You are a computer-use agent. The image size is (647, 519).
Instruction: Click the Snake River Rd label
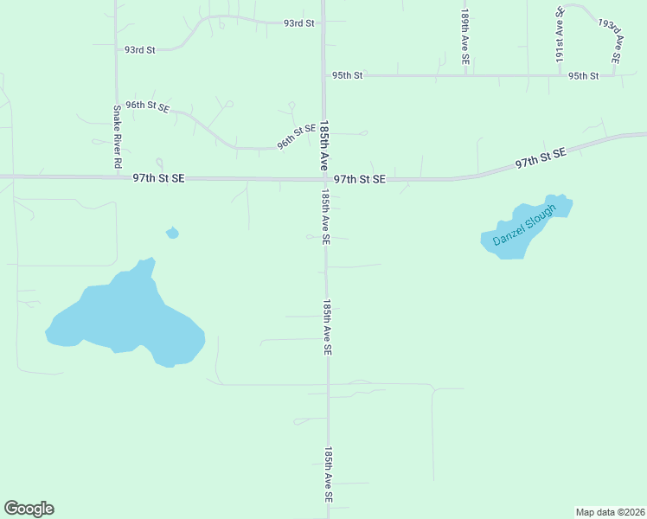coord(116,137)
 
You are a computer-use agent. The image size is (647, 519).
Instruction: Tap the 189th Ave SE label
coord(465,38)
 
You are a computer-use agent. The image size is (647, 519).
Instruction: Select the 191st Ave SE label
coord(560,35)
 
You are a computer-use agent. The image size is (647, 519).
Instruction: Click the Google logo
coord(29,509)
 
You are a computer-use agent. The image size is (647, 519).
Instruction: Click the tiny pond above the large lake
coord(172,232)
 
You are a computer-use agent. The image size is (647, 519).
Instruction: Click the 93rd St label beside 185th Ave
coord(298,23)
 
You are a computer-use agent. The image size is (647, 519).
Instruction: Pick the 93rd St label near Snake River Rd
coord(139,50)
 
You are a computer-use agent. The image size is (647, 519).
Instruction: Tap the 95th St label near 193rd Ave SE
coord(584,76)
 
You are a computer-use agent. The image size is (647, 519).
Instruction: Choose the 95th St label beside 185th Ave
coord(348,76)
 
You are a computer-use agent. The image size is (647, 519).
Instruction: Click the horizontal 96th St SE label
coord(147,106)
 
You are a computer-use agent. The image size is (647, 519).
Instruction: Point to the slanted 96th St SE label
coord(297,137)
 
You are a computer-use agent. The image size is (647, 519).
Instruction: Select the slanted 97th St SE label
coord(540,157)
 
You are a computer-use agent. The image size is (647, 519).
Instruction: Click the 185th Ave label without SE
coord(324,144)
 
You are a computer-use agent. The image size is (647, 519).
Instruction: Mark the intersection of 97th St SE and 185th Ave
coord(324,179)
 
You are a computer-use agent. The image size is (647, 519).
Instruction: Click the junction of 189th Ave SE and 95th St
coord(465,75)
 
